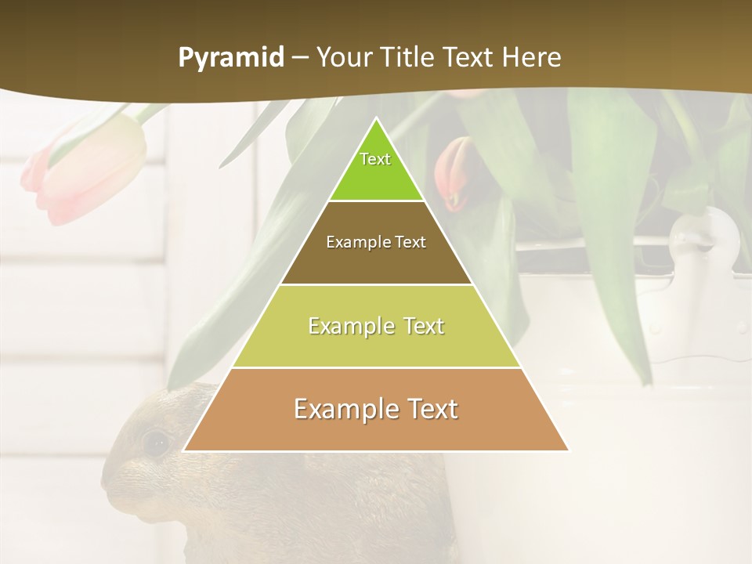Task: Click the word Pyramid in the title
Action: pyautogui.click(x=230, y=58)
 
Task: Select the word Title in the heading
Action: pyautogui.click(x=410, y=57)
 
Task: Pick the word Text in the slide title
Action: pyautogui.click(x=471, y=57)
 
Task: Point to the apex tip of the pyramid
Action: pyautogui.click(x=376, y=120)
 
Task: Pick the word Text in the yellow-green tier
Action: pyautogui.click(x=420, y=326)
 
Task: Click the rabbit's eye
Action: pyautogui.click(x=157, y=443)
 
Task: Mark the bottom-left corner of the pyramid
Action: pyautogui.click(x=184, y=450)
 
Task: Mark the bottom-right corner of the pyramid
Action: pyautogui.click(x=568, y=450)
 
